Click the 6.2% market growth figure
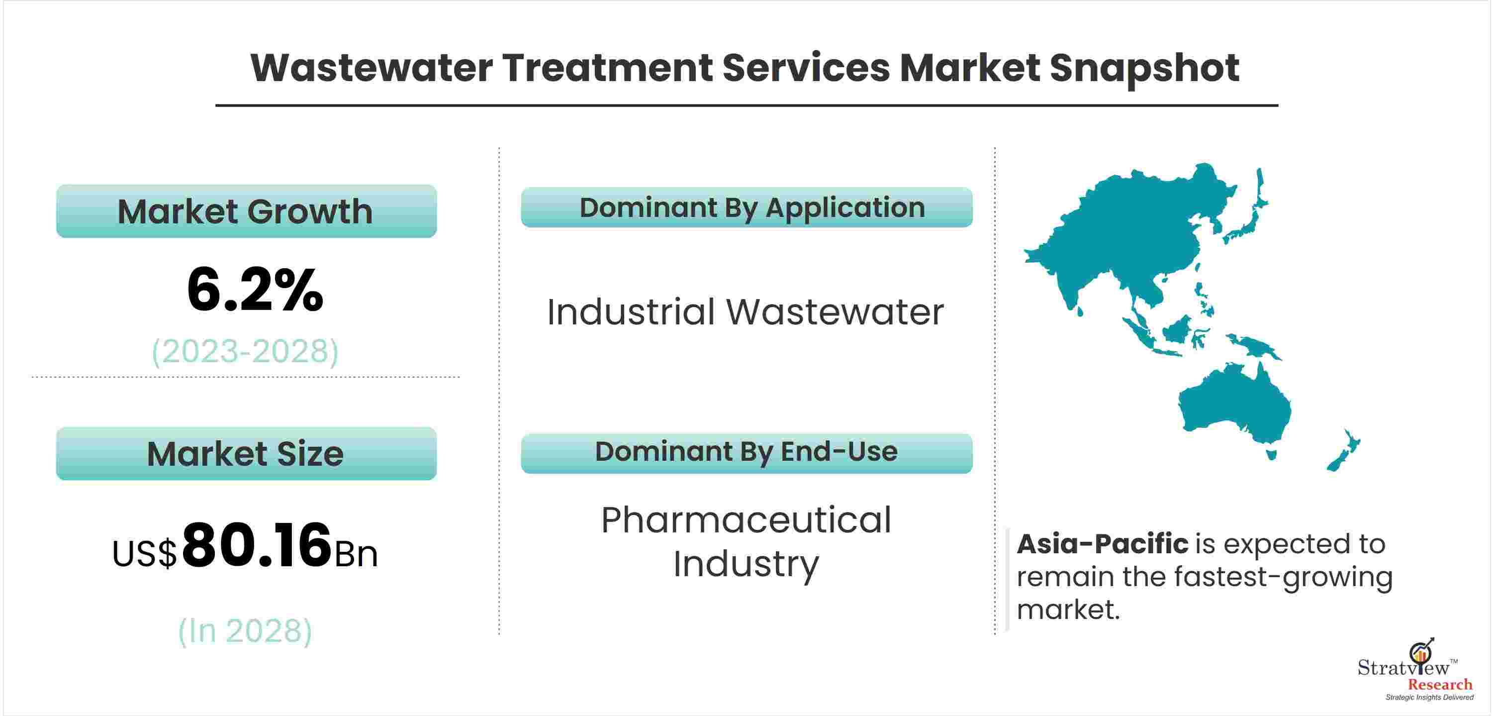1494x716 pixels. (255, 290)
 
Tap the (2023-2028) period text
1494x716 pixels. (245, 351)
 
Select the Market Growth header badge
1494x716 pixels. (247, 211)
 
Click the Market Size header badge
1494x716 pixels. (247, 454)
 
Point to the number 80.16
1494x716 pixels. (257, 545)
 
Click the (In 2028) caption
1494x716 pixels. (245, 631)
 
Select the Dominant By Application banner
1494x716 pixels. (747, 207)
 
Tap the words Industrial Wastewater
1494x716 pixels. (746, 312)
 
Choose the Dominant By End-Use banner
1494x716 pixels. (747, 453)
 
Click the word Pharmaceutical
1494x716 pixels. (746, 520)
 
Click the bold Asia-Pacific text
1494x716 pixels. (1103, 544)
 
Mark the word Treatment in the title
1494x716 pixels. (608, 68)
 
